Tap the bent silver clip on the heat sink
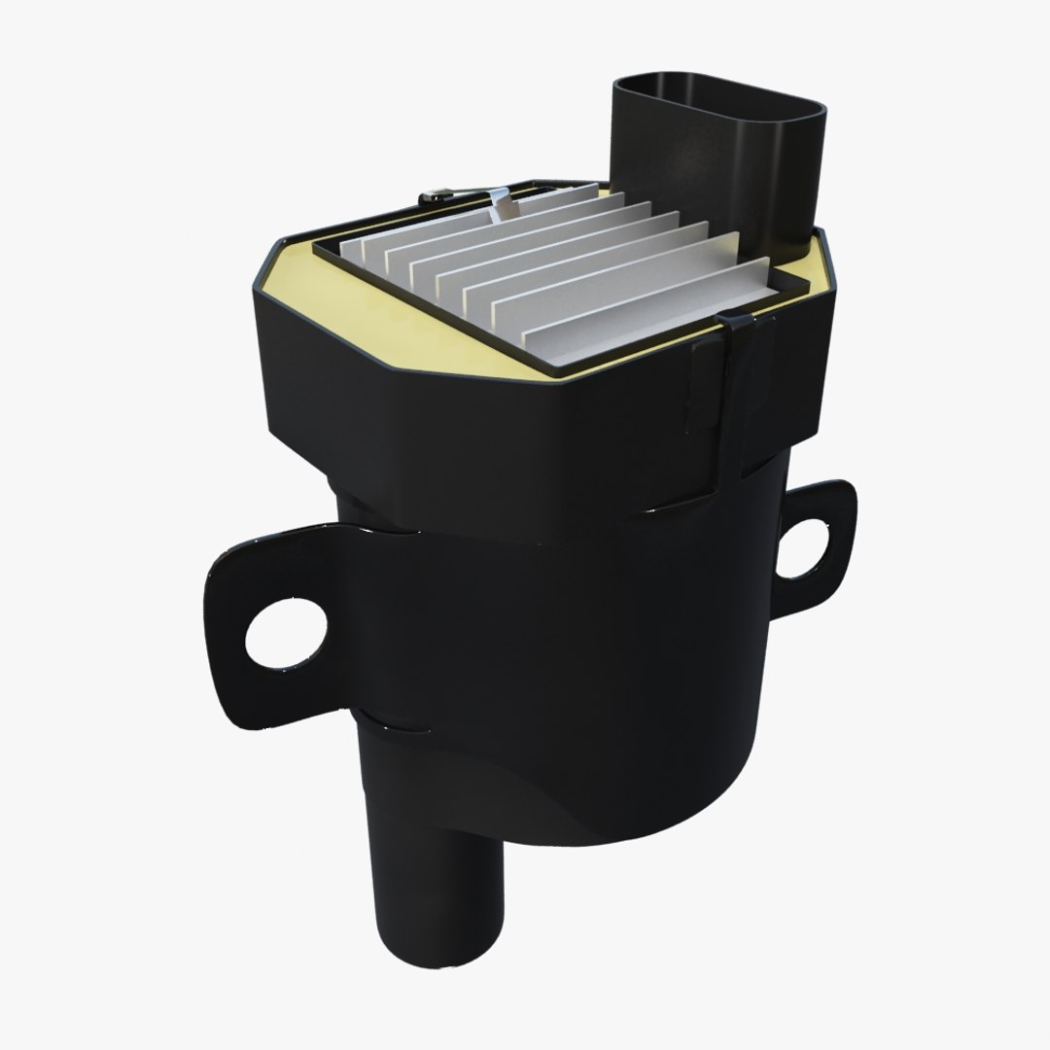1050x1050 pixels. [x=502, y=204]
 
